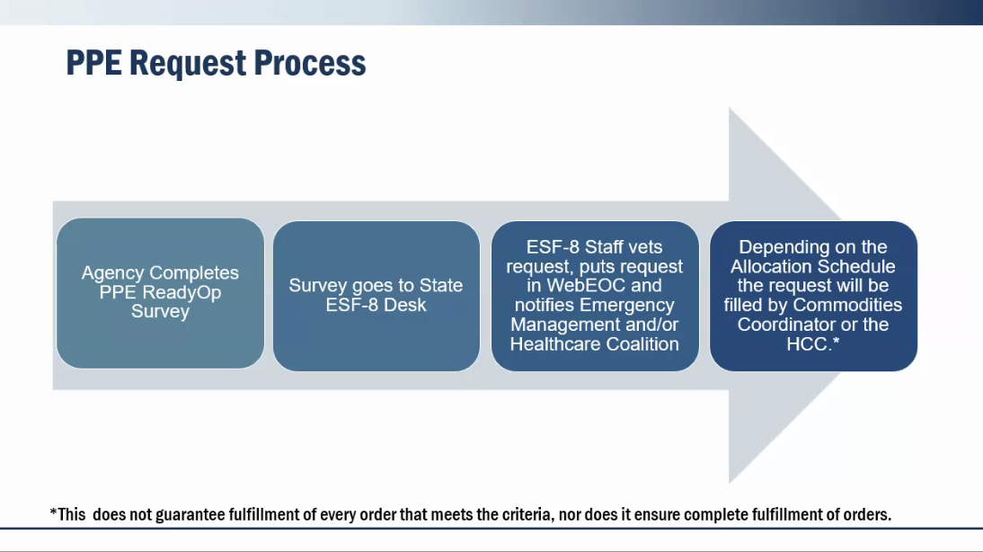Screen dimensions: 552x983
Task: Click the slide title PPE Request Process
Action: pos(216,63)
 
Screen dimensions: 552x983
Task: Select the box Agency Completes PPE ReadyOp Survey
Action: pos(160,293)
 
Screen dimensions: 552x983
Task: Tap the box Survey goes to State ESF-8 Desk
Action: pos(376,295)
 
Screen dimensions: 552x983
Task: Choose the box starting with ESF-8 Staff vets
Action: pos(595,295)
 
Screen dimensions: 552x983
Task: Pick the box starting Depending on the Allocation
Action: pos(813,295)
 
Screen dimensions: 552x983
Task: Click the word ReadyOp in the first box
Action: pos(182,292)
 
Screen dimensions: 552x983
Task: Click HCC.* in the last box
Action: pos(813,344)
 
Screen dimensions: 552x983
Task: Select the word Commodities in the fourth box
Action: pos(847,305)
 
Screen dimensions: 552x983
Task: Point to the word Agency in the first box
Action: pos(112,272)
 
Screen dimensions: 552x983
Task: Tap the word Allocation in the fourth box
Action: pos(772,266)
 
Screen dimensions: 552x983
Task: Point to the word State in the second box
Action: pos(440,286)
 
